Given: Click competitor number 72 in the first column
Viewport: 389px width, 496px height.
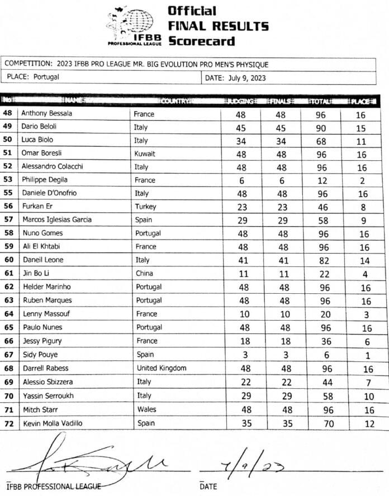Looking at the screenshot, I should coord(8,423).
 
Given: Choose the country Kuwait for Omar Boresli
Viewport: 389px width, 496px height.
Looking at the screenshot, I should coord(146,154).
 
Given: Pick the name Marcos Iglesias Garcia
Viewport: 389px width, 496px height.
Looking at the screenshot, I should coord(56,220).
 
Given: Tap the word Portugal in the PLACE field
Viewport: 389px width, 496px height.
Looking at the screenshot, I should coord(46,77).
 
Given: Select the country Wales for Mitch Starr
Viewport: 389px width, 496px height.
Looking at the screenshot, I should coord(146,409).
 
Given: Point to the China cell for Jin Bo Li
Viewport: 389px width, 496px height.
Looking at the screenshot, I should coord(145,273).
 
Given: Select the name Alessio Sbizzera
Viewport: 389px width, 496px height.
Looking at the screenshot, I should coord(48,382).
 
